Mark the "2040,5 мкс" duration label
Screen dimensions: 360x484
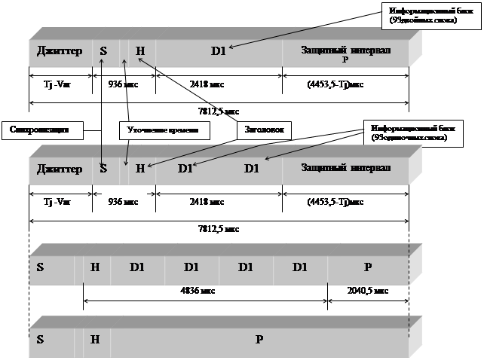(368, 290)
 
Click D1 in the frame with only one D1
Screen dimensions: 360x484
(218, 51)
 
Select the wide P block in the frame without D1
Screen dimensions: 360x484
(258, 339)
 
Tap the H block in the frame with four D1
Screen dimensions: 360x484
(95, 267)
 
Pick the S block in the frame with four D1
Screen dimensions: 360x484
(40, 267)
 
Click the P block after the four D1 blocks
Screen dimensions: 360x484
(367, 267)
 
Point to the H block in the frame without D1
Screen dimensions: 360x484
(95, 339)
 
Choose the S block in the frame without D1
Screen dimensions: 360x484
(40, 339)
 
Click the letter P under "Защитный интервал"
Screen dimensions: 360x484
(345, 59)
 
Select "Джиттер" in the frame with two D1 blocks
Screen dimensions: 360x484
(59, 168)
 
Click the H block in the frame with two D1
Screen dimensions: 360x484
(139, 168)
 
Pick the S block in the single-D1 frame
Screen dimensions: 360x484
(103, 51)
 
